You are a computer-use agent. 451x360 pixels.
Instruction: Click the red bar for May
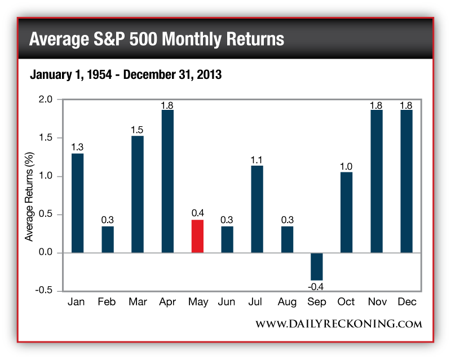(x=197, y=236)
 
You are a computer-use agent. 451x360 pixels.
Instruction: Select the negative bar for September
(x=316, y=266)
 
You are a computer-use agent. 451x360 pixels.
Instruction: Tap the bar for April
(x=167, y=181)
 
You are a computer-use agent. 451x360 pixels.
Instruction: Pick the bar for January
(x=77, y=203)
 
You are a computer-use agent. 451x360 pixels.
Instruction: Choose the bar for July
(x=257, y=209)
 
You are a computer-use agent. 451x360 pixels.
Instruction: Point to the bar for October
(x=346, y=212)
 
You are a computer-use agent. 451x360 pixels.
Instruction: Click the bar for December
(x=406, y=181)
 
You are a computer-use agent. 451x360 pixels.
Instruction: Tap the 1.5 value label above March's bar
(x=137, y=130)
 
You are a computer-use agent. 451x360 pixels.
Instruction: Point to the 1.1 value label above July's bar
(x=257, y=160)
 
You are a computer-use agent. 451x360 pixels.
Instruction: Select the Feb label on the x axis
(x=107, y=302)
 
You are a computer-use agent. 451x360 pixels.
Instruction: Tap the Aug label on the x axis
(x=286, y=302)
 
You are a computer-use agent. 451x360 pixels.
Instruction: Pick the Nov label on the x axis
(x=376, y=302)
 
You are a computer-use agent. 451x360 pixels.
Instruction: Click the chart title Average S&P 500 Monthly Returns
(x=156, y=39)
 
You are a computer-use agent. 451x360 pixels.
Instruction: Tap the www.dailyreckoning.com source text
(x=339, y=324)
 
